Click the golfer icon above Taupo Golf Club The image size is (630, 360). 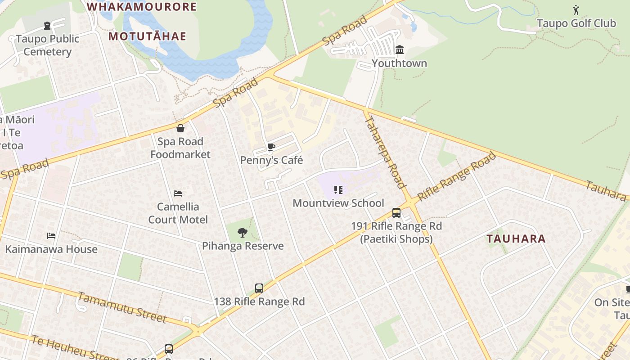point(576,9)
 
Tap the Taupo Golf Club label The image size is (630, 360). point(576,23)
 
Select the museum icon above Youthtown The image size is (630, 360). point(399,49)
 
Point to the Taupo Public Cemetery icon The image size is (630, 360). point(47,26)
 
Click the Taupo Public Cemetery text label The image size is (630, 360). point(47,45)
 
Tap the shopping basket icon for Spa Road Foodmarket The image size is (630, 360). point(180,128)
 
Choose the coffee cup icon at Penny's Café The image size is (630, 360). point(271,147)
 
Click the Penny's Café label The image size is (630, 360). point(271,160)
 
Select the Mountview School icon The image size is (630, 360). point(338,190)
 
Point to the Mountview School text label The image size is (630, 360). point(338,203)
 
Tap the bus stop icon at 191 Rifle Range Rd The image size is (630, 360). point(396,213)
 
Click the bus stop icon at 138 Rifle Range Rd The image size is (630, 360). point(259,288)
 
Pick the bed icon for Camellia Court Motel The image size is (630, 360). point(178,193)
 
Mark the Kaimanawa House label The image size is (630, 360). point(51,249)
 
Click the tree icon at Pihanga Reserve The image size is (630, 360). point(243,233)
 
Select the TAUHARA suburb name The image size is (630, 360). point(516,239)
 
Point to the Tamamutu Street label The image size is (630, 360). point(122,307)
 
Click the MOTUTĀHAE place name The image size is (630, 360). point(147,36)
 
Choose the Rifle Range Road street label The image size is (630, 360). point(456,177)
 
